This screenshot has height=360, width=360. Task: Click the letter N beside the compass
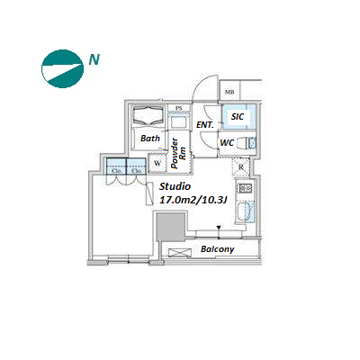(94, 59)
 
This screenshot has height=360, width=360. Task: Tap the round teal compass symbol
(62, 69)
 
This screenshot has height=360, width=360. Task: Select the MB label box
(229, 91)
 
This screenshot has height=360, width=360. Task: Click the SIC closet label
(238, 116)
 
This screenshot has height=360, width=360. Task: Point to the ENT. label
(205, 125)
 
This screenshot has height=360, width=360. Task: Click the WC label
(227, 143)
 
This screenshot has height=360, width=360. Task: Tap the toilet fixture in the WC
(247, 143)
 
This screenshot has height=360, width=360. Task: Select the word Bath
(150, 139)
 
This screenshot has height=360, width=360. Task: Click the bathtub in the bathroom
(148, 116)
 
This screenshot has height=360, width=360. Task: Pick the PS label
(179, 108)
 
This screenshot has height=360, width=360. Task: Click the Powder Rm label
(178, 153)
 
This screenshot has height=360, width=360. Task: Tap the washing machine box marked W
(157, 163)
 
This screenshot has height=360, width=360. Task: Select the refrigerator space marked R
(241, 167)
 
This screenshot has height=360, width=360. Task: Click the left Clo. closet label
(116, 171)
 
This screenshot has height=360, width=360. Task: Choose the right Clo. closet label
(137, 171)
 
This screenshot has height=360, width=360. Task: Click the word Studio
(175, 186)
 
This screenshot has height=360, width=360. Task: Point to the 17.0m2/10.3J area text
(193, 200)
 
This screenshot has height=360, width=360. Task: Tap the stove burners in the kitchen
(245, 188)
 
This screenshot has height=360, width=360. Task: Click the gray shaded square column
(171, 227)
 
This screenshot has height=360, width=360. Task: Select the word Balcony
(218, 249)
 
